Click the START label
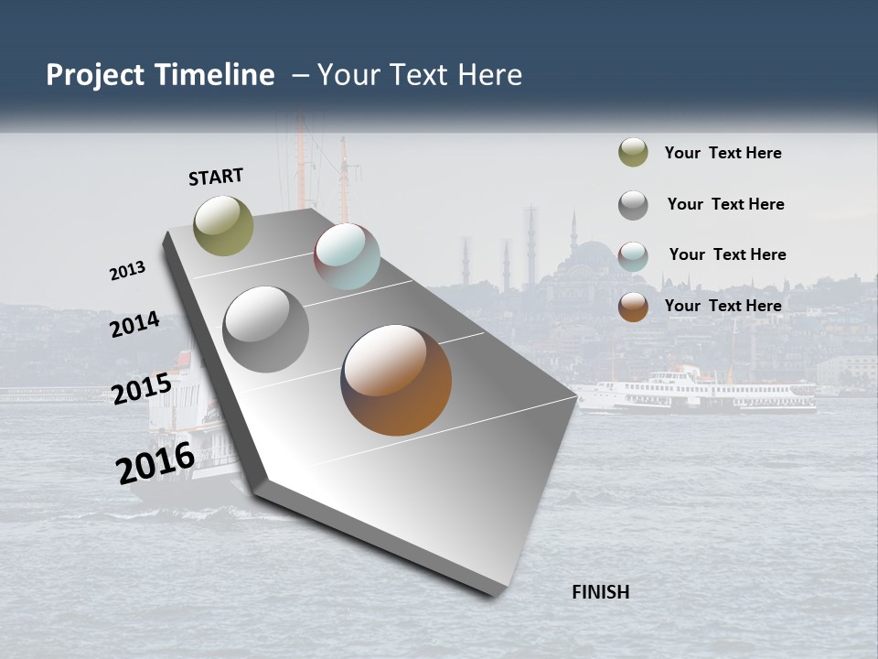coord(216,177)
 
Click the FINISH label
coord(600,592)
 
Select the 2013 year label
coord(127,271)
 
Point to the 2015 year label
coord(141,389)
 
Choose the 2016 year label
coord(155,463)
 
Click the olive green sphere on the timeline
coord(224,225)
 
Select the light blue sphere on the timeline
coord(347,256)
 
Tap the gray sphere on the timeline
coord(265,329)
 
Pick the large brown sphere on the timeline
coord(396,380)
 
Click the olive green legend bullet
coord(633,153)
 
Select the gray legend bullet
coord(633,204)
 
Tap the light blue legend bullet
coord(633,255)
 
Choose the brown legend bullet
coord(633,307)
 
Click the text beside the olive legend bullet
coord(723,153)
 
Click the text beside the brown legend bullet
coord(723,306)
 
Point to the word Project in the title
coord(95,75)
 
